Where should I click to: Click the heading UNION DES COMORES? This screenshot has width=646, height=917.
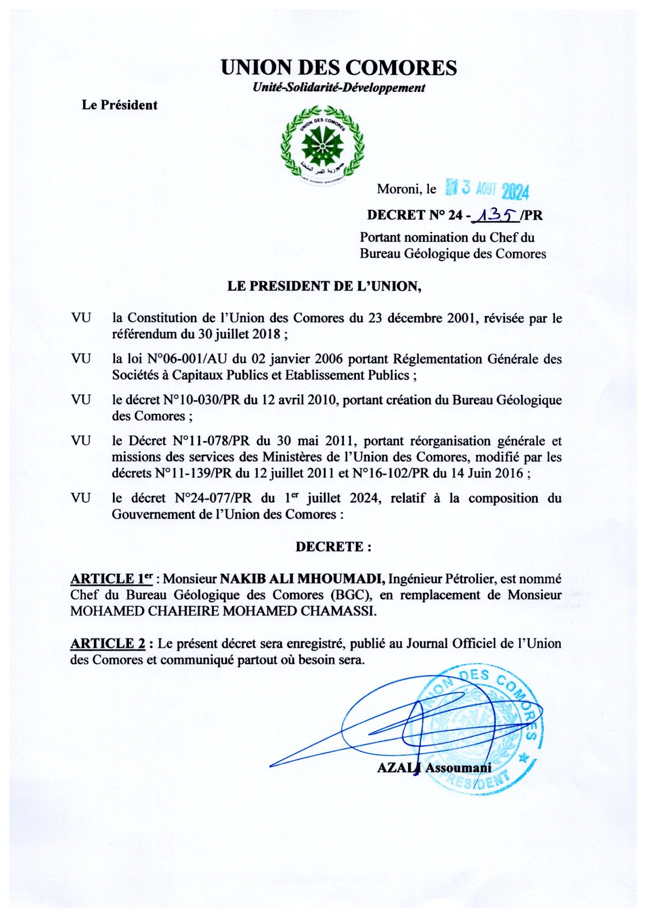click(x=339, y=68)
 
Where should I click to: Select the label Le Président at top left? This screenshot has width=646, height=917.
click(x=119, y=105)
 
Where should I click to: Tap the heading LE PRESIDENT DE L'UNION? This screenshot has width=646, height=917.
click(x=324, y=286)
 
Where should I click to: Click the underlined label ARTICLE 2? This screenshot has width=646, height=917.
click(x=108, y=643)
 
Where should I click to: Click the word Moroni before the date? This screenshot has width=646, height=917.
click(x=398, y=189)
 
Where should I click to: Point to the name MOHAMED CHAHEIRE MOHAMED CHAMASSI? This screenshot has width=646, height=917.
click(x=224, y=611)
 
